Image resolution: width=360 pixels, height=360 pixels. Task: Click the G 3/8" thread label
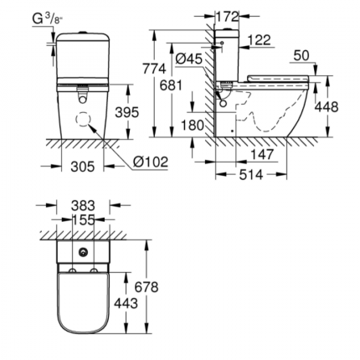[47, 18]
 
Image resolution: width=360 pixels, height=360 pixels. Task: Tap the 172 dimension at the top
[228, 16]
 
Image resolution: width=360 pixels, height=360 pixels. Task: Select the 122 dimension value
[260, 40]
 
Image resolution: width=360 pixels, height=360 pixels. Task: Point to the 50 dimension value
[301, 55]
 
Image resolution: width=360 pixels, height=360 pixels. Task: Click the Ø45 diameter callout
[188, 58]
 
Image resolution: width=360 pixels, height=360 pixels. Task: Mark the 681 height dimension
[172, 86]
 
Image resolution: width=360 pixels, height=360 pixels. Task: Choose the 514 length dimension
[251, 174]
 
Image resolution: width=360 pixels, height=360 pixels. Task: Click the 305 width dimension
[81, 167]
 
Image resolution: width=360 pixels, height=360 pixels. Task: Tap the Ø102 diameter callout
[151, 162]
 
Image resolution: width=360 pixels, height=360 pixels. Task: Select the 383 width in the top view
[83, 205]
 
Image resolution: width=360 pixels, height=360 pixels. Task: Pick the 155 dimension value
[83, 220]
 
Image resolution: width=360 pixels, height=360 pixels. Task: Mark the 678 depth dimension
[147, 287]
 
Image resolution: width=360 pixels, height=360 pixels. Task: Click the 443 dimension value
[126, 302]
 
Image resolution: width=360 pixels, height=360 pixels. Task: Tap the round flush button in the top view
[83, 251]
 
